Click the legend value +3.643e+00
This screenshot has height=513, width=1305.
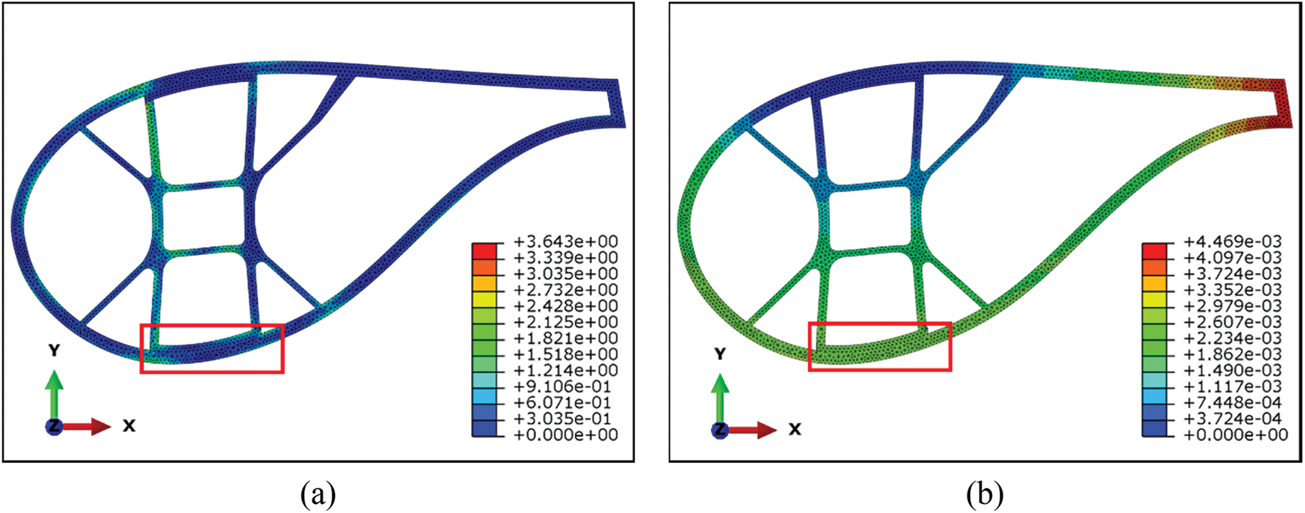click(566, 241)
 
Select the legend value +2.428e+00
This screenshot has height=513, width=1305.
click(566, 306)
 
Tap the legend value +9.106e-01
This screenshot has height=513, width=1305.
click(566, 386)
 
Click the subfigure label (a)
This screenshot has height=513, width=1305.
click(318, 494)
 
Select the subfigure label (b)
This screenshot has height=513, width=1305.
click(985, 494)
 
